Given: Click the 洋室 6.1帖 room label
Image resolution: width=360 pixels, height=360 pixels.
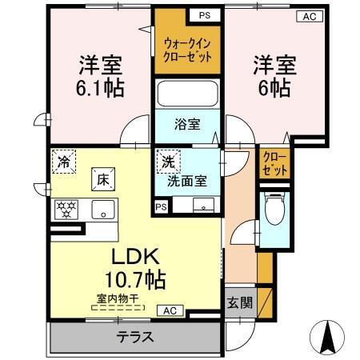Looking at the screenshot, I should [99, 76].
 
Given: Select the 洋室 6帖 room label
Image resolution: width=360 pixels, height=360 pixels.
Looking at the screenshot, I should [274, 76].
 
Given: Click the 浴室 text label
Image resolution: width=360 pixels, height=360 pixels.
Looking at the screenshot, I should [188, 125].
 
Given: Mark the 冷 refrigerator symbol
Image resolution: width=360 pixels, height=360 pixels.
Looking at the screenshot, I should [62, 161].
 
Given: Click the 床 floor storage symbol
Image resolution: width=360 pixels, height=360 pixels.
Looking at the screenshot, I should [104, 179].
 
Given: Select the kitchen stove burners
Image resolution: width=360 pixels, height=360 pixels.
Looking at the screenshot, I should [66, 210].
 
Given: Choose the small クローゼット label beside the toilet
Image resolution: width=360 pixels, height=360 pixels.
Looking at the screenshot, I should [273, 164].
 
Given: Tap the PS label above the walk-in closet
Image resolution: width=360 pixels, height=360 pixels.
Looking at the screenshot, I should [205, 15].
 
